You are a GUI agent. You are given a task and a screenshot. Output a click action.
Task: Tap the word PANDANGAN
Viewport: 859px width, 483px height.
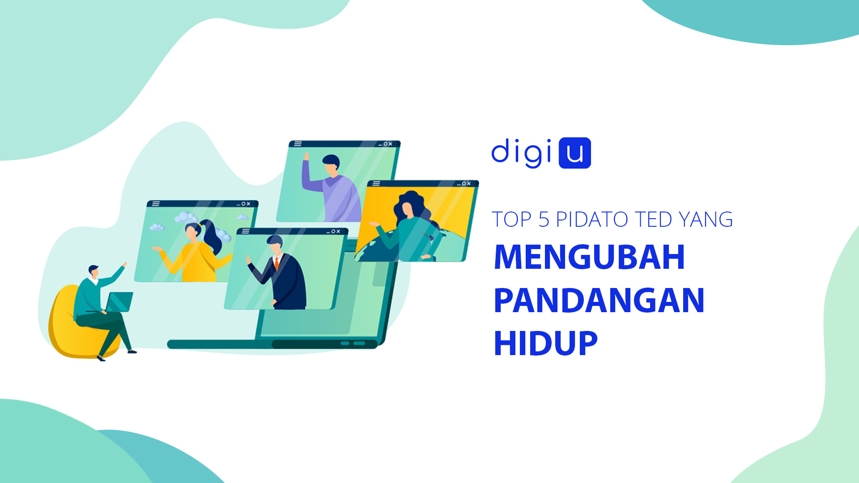pos(599,300)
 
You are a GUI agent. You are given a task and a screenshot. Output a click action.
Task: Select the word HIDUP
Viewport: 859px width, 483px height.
pos(545,343)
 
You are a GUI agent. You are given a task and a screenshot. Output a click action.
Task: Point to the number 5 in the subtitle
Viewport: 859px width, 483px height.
pos(544,220)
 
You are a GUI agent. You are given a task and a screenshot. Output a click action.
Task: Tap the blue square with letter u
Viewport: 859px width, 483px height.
pos(575,153)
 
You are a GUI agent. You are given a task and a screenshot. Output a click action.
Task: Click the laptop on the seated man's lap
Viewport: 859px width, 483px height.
pos(118,302)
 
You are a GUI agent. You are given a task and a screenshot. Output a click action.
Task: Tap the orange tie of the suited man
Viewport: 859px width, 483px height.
pos(276,263)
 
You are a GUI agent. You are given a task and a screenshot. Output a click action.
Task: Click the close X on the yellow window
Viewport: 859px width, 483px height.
pos(469,183)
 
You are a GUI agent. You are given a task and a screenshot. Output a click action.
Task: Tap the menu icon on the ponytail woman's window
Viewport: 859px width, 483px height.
pos(156,203)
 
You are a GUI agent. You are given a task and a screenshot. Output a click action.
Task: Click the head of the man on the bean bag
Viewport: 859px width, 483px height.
pos(94,271)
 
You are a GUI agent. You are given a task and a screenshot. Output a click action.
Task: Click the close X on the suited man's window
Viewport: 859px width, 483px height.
pos(338,231)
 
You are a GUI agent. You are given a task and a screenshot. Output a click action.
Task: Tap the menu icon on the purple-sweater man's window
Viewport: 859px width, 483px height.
pos(298,144)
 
